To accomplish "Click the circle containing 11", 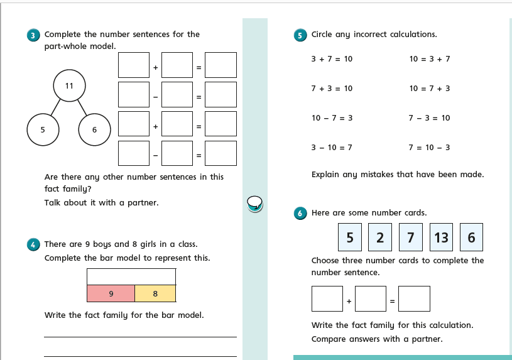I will coord(69,86).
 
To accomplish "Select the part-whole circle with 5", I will coord(43,130).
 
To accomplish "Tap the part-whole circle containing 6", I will coord(94,130).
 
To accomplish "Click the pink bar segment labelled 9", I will coord(111,293).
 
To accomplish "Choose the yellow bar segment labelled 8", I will coord(155,293).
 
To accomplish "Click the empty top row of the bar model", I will coord(131,276).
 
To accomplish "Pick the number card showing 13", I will coord(441,237).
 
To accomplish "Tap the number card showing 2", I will coord(380,237).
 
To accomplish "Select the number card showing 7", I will coord(410,237).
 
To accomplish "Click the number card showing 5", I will coord(350,237).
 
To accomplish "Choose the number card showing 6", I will coord(471,237).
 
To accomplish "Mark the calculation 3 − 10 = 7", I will coord(332,148).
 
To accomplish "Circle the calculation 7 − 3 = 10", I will coord(429,118).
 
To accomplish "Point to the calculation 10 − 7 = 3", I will coord(332,118).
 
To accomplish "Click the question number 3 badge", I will coord(34,35).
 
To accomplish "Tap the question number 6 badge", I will coord(301,214).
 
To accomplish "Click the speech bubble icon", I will coord(254,202).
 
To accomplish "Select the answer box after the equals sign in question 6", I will coord(414,299).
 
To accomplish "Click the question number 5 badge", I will coord(301,35).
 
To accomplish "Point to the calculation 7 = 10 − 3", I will coord(429,148).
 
